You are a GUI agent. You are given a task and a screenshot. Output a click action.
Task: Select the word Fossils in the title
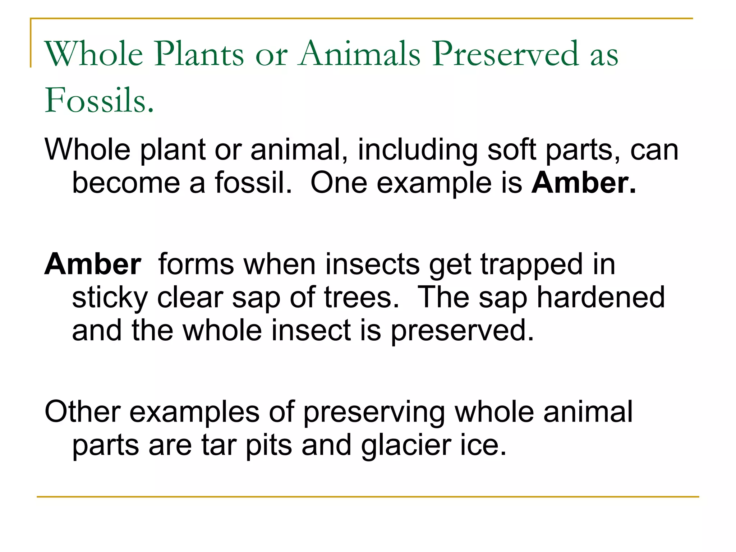(99, 101)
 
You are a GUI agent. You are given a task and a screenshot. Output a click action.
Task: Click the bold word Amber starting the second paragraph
(93, 264)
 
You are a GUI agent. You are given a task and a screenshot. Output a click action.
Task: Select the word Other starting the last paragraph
(82, 412)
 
